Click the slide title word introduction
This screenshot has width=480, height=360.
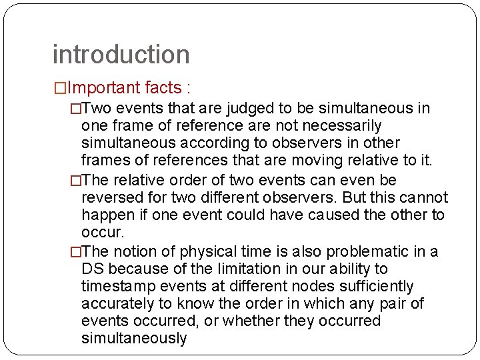(121, 55)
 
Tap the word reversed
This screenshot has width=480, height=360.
(111, 198)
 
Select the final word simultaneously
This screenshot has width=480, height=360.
(134, 339)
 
